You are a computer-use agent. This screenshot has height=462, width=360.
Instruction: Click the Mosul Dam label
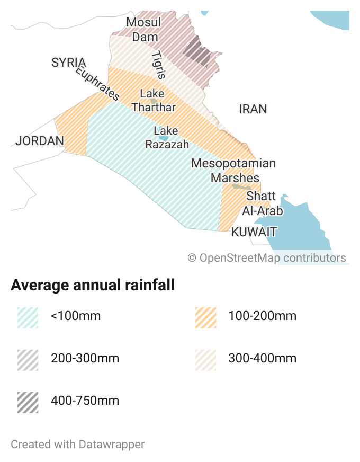(x=144, y=30)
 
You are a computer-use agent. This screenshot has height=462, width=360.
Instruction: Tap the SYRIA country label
(x=69, y=63)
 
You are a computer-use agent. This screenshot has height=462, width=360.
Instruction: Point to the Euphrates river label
(x=97, y=83)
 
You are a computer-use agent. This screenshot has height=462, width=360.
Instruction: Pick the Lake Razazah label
(x=167, y=137)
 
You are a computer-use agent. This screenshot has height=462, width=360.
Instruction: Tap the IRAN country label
(x=253, y=109)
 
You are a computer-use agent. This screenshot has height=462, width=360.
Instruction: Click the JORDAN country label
(x=40, y=141)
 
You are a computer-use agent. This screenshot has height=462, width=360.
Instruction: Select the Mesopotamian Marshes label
(x=233, y=170)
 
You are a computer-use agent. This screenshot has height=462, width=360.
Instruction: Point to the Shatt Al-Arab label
(x=262, y=203)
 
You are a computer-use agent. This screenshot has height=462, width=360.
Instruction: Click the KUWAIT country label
(x=254, y=232)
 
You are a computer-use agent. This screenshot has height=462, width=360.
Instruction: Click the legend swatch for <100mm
(x=28, y=317)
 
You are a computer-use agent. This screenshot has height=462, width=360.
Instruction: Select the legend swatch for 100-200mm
(x=205, y=317)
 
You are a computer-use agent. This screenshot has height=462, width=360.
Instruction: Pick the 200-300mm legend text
(x=85, y=359)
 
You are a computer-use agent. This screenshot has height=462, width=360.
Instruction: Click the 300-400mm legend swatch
(x=205, y=359)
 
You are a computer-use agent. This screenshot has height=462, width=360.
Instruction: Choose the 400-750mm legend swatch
(x=28, y=401)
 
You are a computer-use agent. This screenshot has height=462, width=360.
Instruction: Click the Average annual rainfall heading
(x=93, y=286)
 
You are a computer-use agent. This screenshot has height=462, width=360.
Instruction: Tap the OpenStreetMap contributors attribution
(x=267, y=258)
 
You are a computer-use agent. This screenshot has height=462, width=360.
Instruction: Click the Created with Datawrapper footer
(x=78, y=444)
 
